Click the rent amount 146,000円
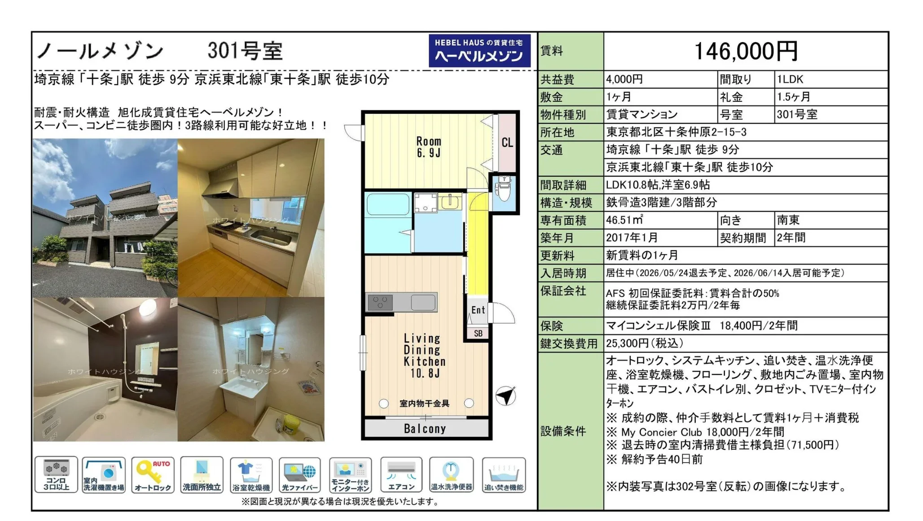pyautogui.click(x=746, y=51)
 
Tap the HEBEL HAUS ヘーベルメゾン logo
pyautogui.click(x=479, y=51)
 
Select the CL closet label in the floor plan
pyautogui.click(x=507, y=143)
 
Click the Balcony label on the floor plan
pyautogui.click(x=425, y=429)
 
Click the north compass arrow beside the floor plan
pyautogui.click(x=506, y=395)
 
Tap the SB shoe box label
pyautogui.click(x=478, y=333)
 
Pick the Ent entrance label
pyautogui.click(x=478, y=310)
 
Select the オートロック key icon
pyautogui.click(x=153, y=475)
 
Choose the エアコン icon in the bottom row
pyautogui.click(x=401, y=475)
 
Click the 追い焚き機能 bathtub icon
pyautogui.click(x=504, y=475)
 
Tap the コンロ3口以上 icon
pyautogui.click(x=56, y=475)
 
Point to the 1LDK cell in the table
pyautogui.click(x=790, y=79)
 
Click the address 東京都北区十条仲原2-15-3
pyautogui.click(x=677, y=132)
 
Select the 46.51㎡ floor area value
pyautogui.click(x=624, y=220)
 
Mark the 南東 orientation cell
pyautogui.click(x=788, y=220)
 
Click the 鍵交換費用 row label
pyautogui.click(x=569, y=344)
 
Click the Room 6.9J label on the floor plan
pyautogui.click(x=429, y=147)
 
